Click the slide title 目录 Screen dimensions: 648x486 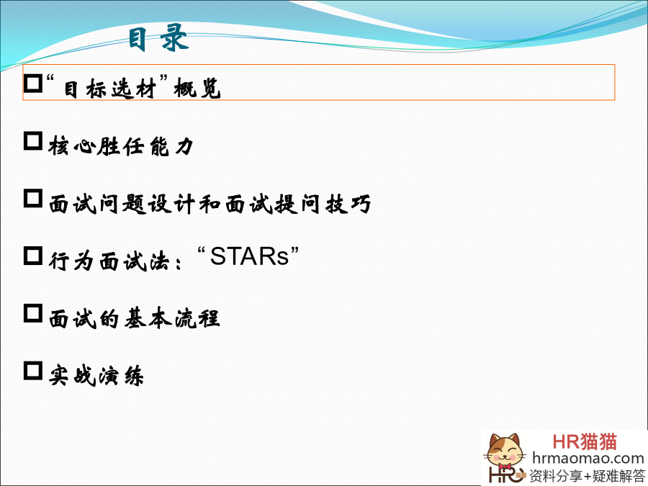[x=158, y=38]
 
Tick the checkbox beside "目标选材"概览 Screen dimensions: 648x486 [x=33, y=84]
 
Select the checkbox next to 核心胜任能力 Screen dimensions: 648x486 [x=33, y=141]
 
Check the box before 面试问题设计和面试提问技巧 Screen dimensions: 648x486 [x=33, y=199]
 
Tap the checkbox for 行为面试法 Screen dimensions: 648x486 [x=33, y=256]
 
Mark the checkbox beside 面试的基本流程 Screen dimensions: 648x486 [x=33, y=313]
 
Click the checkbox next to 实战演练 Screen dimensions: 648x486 [x=33, y=371]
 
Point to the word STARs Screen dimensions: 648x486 [x=250, y=256]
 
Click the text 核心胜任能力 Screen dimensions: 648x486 [x=121, y=146]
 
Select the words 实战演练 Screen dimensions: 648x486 [x=96, y=376]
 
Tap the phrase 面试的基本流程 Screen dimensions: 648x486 [x=135, y=318]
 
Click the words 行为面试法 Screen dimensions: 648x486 [x=109, y=261]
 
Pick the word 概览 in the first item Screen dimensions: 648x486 [x=197, y=89]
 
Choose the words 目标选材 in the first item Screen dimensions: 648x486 [x=110, y=89]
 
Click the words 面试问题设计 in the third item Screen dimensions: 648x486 [x=122, y=204]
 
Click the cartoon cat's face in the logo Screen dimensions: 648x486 [x=504, y=451]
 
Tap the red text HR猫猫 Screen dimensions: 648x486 [x=585, y=442]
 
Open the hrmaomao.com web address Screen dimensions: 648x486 [x=588, y=459]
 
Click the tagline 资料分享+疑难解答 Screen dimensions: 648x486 [x=587, y=476]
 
